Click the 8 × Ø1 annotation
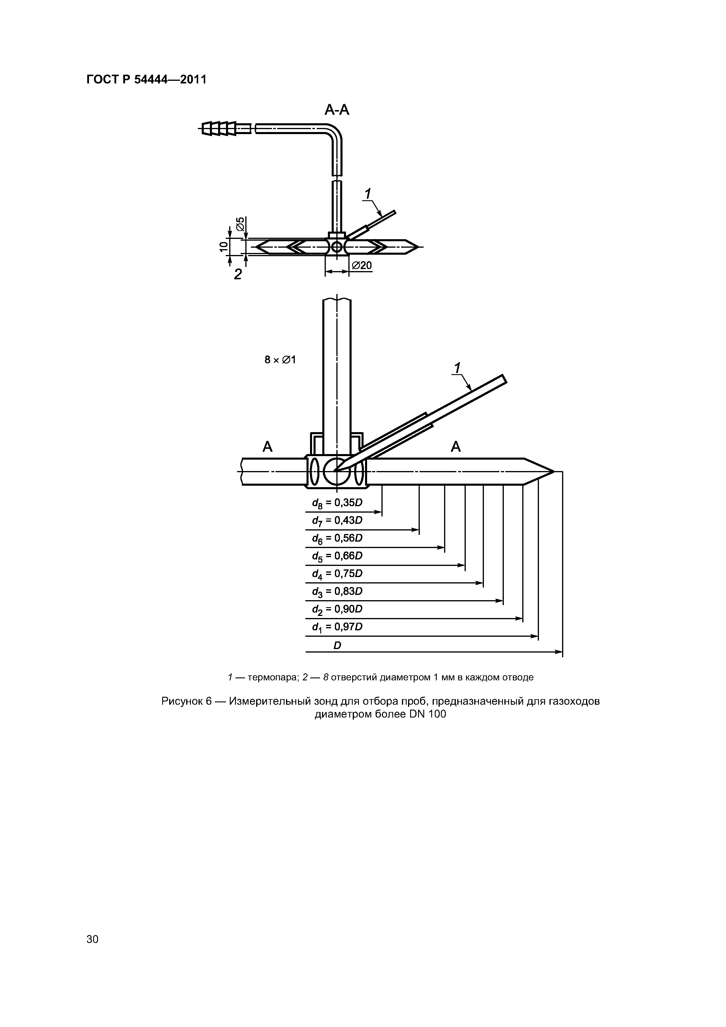click(280, 359)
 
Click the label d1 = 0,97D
click(337, 627)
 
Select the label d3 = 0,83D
click(337, 592)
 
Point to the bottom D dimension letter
click(337, 646)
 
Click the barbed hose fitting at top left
click(219, 129)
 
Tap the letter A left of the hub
click(268, 446)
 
